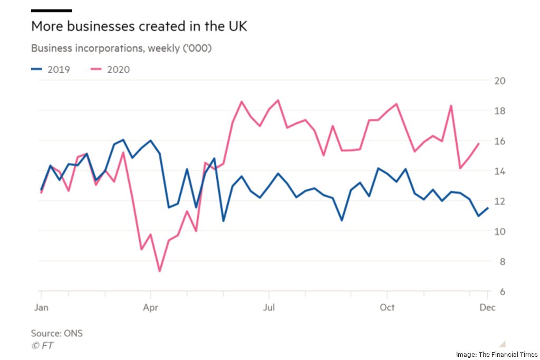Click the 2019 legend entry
click(x=51, y=69)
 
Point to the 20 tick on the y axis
click(x=499, y=81)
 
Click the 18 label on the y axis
click(x=499, y=111)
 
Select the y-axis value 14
click(x=499, y=171)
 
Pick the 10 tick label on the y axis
click(x=499, y=231)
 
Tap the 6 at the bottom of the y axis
click(x=502, y=292)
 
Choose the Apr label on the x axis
click(x=151, y=307)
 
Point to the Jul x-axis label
click(x=269, y=307)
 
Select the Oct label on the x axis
click(x=388, y=307)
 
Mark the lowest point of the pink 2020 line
click(x=159, y=271)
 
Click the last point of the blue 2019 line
click(x=488, y=208)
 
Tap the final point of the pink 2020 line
click(x=478, y=143)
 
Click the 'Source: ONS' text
click(x=57, y=333)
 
